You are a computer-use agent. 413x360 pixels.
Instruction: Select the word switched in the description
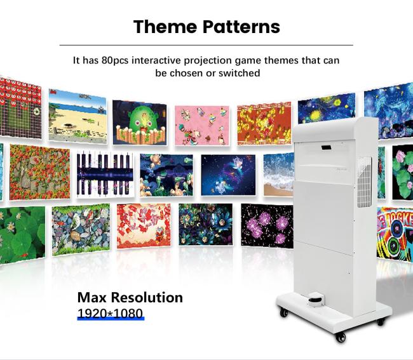tap(240, 73)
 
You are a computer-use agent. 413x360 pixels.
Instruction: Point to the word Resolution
tap(147, 297)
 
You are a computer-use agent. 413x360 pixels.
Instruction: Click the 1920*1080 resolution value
tap(111, 313)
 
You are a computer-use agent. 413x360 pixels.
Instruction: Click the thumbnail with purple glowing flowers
tap(266, 223)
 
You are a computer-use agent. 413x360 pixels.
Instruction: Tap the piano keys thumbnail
tap(105, 173)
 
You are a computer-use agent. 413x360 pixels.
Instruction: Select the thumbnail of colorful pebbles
tap(80, 228)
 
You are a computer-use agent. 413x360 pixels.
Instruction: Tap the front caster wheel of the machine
tap(341, 337)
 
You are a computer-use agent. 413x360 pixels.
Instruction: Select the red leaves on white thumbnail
tap(143, 225)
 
